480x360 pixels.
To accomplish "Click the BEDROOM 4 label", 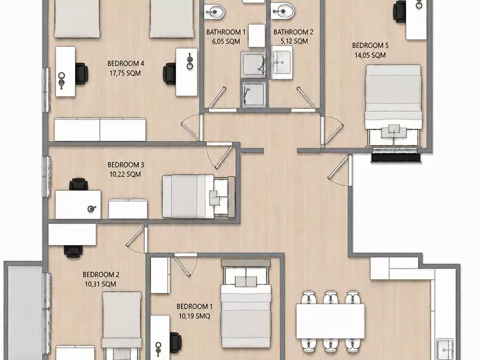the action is pyautogui.click(x=126, y=64).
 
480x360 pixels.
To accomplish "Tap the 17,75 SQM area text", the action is pyautogui.click(x=125, y=73).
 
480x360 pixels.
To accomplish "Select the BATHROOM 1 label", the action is pyautogui.click(x=226, y=32).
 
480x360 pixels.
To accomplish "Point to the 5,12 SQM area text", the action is pyautogui.click(x=294, y=41).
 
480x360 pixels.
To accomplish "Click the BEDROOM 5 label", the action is pyautogui.click(x=370, y=46).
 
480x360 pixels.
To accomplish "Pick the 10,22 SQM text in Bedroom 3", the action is pyautogui.click(x=125, y=175).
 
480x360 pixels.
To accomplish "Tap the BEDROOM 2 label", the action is pyautogui.click(x=101, y=275).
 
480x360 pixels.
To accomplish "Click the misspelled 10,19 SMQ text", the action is pyautogui.click(x=195, y=316).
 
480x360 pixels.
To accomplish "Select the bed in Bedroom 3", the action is pyautogui.click(x=198, y=196).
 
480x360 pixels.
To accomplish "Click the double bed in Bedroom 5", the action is pyautogui.click(x=393, y=106).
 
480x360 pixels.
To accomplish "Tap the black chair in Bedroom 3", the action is pyautogui.click(x=78, y=184).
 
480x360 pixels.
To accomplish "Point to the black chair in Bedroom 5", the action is pyautogui.click(x=400, y=11).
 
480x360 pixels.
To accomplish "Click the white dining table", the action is pyautogui.click(x=331, y=321).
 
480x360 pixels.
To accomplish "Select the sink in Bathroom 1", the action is pyautogui.click(x=214, y=12).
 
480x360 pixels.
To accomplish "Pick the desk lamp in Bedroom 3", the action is pyautogui.click(x=91, y=209).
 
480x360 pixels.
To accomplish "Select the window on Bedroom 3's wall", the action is pyautogui.click(x=46, y=176).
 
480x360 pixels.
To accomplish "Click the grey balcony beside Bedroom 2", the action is pyautogui.click(x=24, y=311).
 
